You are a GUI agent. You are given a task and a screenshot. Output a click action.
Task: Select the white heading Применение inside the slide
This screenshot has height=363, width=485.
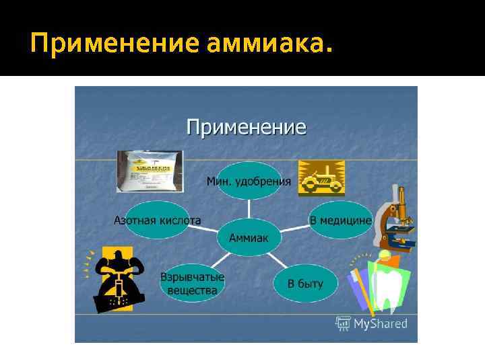coord(246,126)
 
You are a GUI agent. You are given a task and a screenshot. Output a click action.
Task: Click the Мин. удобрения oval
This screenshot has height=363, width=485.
coord(249,181)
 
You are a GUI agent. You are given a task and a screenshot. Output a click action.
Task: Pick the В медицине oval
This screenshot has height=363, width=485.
coord(340,220)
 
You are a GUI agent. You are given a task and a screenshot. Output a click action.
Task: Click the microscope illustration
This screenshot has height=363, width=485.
coord(397,218)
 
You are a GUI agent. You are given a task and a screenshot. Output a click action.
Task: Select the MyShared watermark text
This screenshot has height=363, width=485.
coord(381,324)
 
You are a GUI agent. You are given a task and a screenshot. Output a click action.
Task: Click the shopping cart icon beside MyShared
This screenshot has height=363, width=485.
coord(344,324)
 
